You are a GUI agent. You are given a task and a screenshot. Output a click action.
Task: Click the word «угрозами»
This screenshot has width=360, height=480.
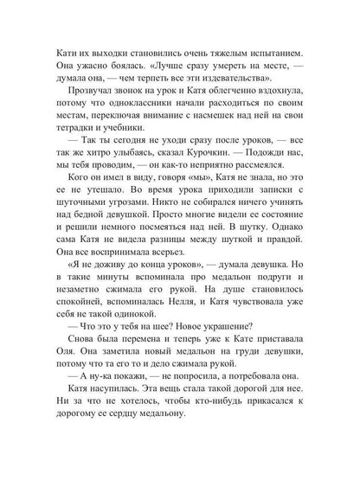(x=133, y=248)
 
